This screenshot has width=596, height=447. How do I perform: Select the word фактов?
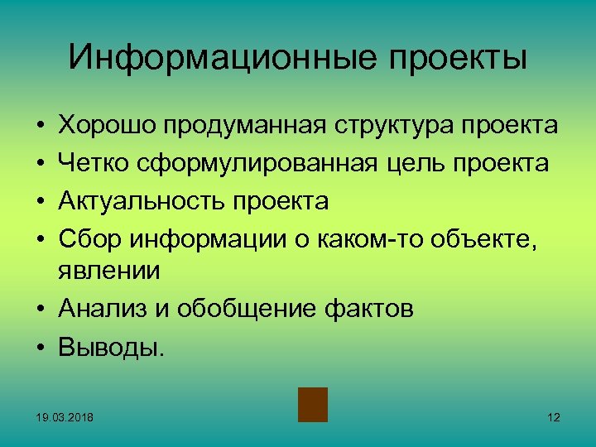click(x=367, y=308)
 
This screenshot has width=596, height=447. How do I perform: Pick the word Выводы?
click(x=112, y=346)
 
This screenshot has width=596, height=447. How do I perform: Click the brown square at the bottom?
click(x=313, y=405)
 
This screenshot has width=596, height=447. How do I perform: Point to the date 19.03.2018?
click(x=65, y=416)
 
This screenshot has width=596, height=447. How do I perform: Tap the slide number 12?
click(x=554, y=416)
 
